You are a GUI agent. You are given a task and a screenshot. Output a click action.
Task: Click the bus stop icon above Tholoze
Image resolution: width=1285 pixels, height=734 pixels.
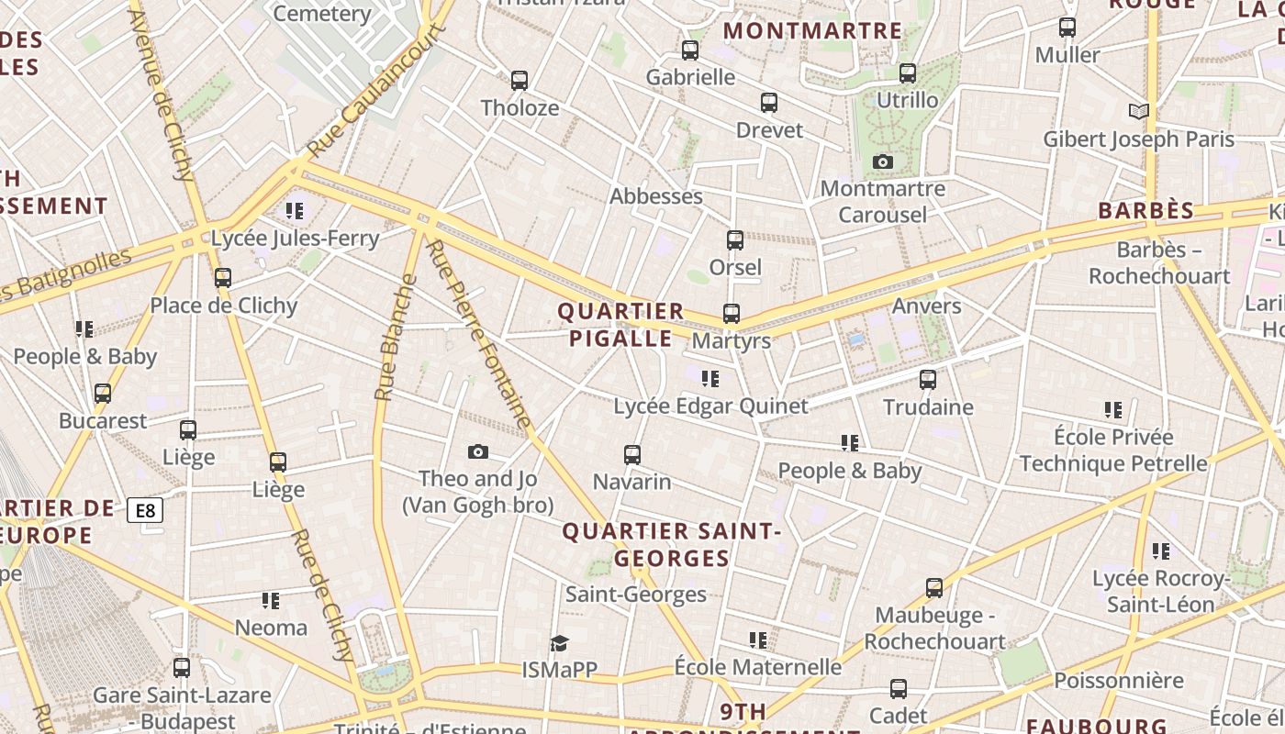click(x=520, y=81)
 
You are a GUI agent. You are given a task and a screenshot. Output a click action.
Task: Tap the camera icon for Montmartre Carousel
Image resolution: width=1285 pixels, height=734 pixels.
click(x=883, y=162)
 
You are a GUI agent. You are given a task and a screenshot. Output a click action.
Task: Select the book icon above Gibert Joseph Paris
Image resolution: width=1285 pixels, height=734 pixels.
click(x=1138, y=112)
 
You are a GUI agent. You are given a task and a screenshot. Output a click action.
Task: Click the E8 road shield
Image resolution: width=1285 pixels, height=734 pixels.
click(x=145, y=511)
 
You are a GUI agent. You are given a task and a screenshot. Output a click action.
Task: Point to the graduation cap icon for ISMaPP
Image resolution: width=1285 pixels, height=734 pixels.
click(x=560, y=643)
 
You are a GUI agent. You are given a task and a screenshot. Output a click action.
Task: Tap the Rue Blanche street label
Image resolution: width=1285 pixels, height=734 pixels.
click(x=390, y=338)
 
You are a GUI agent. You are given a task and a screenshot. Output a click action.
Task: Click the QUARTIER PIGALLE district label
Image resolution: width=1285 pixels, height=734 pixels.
click(x=620, y=325)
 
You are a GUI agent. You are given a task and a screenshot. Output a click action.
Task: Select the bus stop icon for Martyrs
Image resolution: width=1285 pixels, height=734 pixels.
click(x=732, y=314)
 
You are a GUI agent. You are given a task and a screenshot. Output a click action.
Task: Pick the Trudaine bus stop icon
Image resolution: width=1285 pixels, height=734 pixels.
click(x=928, y=380)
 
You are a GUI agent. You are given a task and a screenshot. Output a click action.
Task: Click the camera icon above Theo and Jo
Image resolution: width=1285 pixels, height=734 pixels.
click(x=477, y=451)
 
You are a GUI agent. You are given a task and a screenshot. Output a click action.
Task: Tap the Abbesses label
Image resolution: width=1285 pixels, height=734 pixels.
click(x=656, y=196)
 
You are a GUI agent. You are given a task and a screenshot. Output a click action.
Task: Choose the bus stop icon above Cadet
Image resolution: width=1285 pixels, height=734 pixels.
click(x=899, y=689)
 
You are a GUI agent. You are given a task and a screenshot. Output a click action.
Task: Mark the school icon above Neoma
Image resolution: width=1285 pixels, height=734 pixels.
click(x=271, y=601)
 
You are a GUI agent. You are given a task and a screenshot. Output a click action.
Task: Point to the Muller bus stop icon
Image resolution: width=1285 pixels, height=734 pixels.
click(x=1067, y=28)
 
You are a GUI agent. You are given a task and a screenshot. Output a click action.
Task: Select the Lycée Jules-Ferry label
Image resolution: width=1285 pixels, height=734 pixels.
click(x=295, y=239)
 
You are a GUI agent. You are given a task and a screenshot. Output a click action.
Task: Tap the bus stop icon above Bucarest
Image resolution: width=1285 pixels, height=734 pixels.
click(x=103, y=394)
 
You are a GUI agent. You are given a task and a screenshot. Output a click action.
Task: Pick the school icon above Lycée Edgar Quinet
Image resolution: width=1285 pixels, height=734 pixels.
click(x=710, y=379)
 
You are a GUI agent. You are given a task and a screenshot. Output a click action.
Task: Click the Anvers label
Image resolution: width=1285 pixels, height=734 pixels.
click(x=926, y=306)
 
